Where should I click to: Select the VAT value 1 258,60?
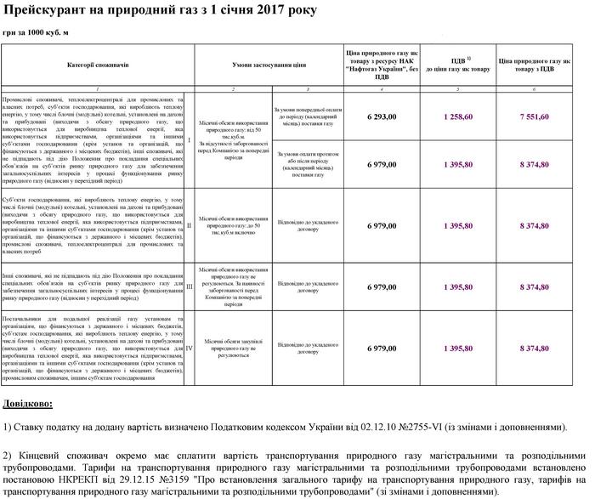[x=457, y=116]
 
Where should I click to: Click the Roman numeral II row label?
[x=189, y=225]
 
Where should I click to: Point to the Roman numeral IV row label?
[x=189, y=349]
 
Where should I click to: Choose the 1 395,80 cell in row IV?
[x=457, y=349]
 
